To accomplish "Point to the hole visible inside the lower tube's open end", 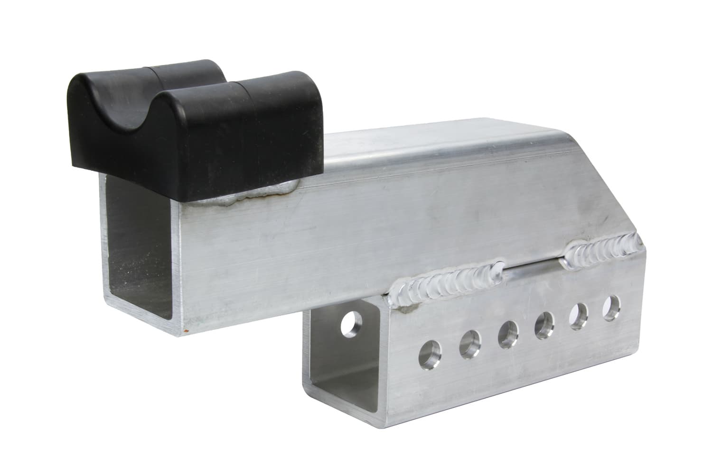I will click(352, 324).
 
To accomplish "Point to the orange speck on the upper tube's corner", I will click(186, 329).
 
